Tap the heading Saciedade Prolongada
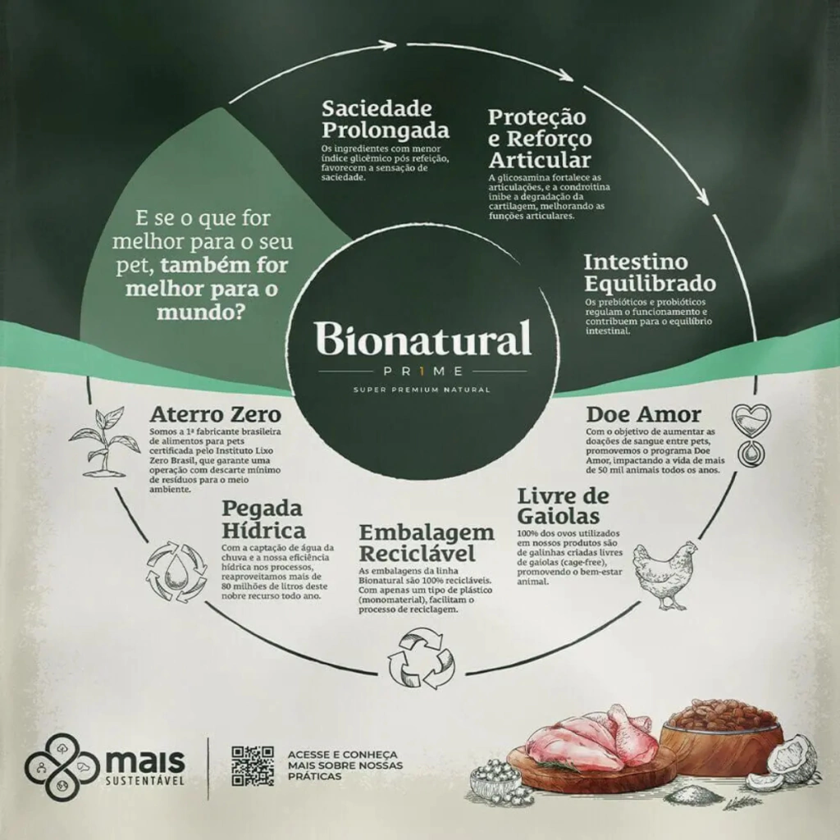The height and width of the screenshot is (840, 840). point(385,120)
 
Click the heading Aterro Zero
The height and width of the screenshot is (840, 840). point(215,413)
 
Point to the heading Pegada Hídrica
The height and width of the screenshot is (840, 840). point(263,519)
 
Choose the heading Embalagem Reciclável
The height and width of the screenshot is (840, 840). point(427,541)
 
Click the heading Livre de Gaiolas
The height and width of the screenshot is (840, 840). point(563,506)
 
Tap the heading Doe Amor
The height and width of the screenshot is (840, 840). point(643,413)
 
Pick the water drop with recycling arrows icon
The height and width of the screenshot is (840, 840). point(176,569)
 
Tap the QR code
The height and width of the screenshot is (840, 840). point(252,765)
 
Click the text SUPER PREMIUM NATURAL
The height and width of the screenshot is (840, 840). point(422,389)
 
